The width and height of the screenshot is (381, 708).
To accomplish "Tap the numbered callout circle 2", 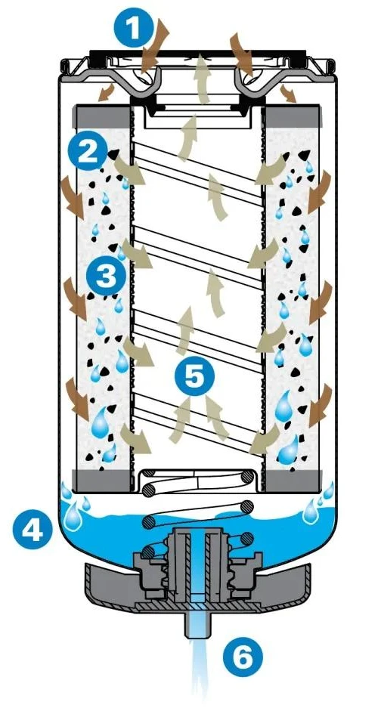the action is click(88, 152).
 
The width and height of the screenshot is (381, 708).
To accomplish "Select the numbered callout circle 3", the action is click(106, 276).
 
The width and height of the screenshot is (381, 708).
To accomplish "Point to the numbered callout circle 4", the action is click(33, 530).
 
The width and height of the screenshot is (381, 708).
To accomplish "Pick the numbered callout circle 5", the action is click(194, 376).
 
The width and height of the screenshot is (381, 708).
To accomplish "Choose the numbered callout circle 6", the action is click(243, 657).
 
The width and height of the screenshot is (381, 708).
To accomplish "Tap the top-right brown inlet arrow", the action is click(243, 54).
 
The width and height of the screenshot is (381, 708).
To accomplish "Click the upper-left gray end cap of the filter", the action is click(104, 116).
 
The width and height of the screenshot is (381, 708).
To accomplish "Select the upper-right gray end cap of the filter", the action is click(293, 116).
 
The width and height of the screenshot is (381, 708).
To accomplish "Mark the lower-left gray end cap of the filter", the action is click(104, 481).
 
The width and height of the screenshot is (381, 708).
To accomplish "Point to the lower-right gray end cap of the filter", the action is click(293, 481).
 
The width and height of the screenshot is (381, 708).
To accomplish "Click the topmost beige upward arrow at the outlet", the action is click(203, 79).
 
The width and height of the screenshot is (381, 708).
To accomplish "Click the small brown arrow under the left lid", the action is click(106, 92).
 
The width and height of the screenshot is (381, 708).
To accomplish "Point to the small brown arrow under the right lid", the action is click(288, 93).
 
